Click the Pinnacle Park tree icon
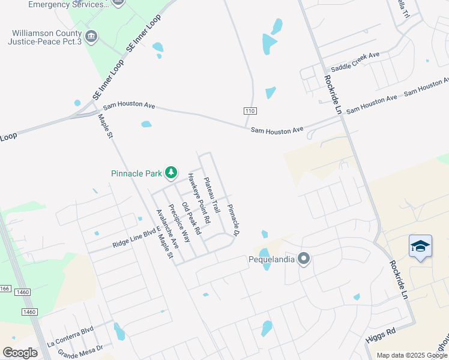tap(171, 173)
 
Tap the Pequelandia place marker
tap(304, 259)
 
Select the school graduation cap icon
tap(420, 247)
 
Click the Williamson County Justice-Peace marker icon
tap(91, 36)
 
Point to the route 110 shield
tap(250, 111)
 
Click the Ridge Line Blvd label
tap(137, 238)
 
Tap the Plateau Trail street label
tap(212, 194)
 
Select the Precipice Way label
tap(179, 223)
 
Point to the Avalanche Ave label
tap(167, 229)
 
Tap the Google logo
tap(20, 352)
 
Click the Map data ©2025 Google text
tap(411, 355)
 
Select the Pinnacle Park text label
tap(137, 173)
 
